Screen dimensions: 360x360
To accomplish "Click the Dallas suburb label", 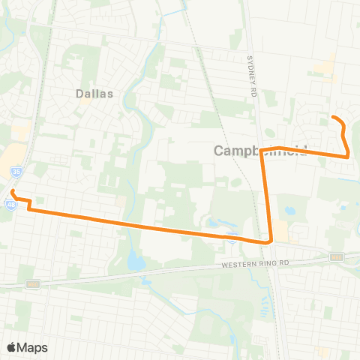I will pyautogui.click(x=94, y=94).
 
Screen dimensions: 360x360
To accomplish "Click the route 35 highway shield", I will pyautogui.click(x=16, y=172).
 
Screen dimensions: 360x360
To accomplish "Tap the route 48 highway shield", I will pyautogui.click(x=11, y=203).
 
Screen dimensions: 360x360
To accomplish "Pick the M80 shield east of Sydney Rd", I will pyautogui.click(x=335, y=257).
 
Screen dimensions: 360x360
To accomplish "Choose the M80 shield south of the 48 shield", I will pyautogui.click(x=31, y=283).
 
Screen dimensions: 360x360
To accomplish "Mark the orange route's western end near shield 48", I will pyautogui.click(x=13, y=192).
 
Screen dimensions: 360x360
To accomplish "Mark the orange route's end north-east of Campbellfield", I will pyautogui.click(x=332, y=117).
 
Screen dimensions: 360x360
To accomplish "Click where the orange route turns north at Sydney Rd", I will pyautogui.click(x=269, y=241).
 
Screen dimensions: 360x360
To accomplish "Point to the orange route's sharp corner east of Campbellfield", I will pyautogui.click(x=348, y=155).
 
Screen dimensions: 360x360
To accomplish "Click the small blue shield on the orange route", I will pyautogui.click(x=233, y=237).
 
